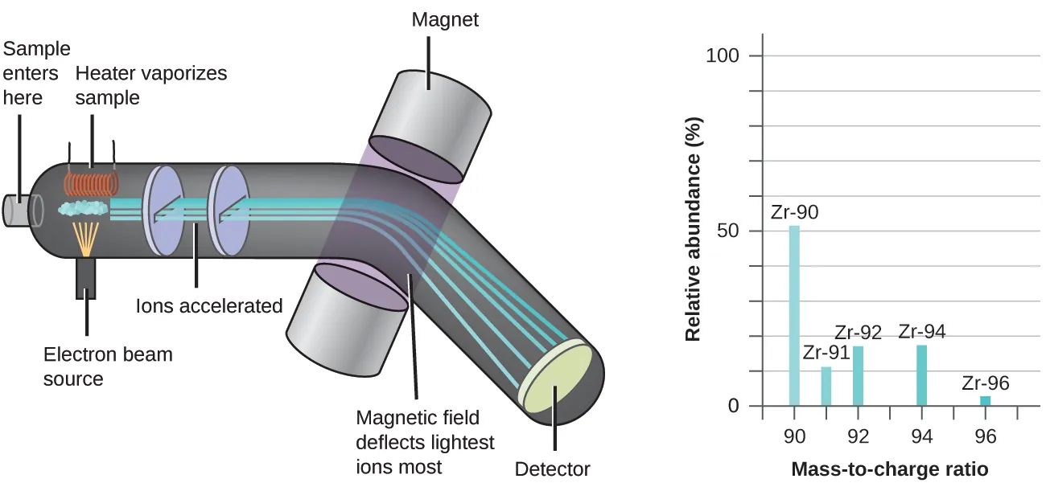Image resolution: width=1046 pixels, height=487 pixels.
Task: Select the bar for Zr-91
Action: (826, 387)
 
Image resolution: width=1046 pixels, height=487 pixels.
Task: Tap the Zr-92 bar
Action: (858, 376)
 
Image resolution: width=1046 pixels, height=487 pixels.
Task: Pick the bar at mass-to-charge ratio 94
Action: (921, 375)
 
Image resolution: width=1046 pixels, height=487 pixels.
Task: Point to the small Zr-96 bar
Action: (985, 401)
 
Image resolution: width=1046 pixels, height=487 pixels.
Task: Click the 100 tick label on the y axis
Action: (723, 56)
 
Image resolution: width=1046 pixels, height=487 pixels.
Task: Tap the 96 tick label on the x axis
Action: (985, 436)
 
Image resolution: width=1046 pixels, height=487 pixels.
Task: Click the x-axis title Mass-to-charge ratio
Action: (890, 469)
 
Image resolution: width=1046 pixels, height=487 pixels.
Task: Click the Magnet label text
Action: (445, 19)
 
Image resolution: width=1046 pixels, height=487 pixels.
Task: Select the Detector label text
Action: (552, 469)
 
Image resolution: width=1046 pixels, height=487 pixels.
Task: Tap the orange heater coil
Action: (90, 184)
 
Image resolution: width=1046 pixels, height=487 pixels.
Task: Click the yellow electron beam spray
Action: (85, 238)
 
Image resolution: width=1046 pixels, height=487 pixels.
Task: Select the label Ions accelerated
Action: (209, 306)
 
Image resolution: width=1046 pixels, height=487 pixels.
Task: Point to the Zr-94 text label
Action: (922, 331)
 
